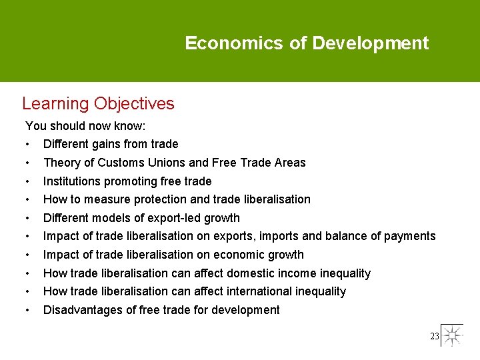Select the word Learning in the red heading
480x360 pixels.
(x=55, y=104)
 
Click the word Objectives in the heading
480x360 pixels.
(x=134, y=104)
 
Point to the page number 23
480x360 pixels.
(x=434, y=337)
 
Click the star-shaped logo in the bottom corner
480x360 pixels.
(x=452, y=335)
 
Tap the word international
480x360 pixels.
(x=257, y=291)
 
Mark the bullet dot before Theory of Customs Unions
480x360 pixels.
(x=27, y=163)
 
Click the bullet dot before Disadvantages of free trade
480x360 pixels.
(x=27, y=310)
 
